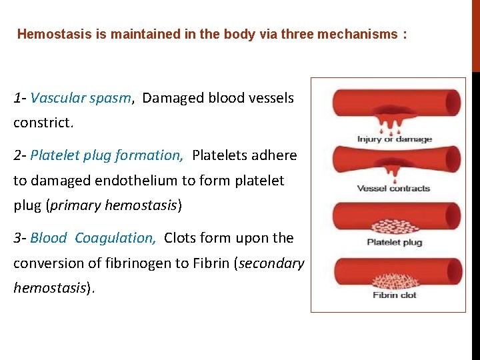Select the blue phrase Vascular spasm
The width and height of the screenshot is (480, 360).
(x=81, y=99)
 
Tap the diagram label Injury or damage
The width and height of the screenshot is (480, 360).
(x=395, y=139)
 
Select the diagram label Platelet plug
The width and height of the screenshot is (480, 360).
(x=395, y=242)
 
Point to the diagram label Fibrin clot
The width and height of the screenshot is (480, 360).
(x=395, y=295)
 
